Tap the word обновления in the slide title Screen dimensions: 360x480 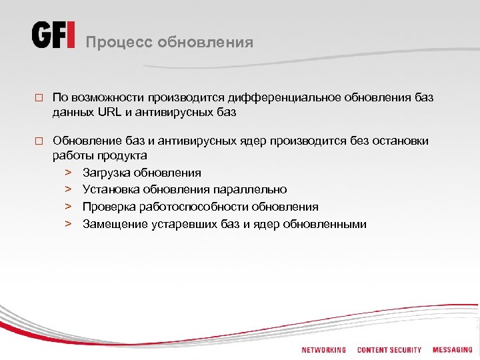[x=205, y=43]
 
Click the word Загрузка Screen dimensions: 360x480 [x=106, y=173]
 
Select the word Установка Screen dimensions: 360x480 [x=109, y=190]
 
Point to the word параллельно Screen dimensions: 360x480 [x=251, y=190]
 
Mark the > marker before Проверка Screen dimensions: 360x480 [x=68, y=207]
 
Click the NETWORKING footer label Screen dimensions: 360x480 [x=323, y=350]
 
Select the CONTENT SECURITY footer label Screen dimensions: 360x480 [x=389, y=350]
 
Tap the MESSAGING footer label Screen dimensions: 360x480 [x=452, y=350]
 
